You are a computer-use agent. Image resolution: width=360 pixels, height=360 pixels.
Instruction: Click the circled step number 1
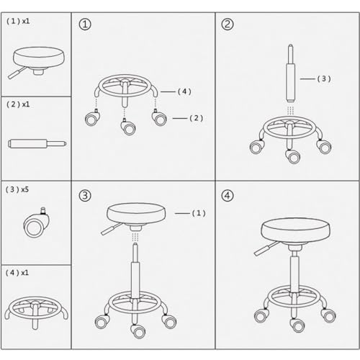85,24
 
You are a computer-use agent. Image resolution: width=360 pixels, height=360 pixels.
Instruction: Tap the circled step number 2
228,24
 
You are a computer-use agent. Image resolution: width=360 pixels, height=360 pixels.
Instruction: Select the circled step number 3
85,196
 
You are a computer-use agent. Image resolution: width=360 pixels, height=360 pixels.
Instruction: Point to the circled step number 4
228,196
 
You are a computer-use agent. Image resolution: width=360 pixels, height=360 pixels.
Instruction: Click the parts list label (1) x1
18,21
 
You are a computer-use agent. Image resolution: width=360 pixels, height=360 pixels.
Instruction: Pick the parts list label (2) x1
18,104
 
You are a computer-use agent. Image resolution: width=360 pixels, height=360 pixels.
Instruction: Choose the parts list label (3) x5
17,189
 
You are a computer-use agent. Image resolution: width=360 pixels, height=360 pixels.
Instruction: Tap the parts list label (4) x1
17,273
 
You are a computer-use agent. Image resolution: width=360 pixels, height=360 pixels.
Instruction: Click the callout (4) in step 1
184,91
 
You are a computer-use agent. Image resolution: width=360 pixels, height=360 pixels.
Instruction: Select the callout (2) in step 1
197,118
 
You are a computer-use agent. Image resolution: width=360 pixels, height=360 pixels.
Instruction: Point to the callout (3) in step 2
324,78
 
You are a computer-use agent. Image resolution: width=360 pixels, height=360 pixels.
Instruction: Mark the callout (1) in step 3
199,213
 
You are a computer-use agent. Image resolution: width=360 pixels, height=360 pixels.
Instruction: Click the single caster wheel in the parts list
37,222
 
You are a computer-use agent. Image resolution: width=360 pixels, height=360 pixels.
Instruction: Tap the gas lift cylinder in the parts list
37,143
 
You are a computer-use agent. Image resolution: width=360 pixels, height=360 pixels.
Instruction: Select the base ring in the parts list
37,312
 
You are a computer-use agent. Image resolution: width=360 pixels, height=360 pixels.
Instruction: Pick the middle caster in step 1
127,126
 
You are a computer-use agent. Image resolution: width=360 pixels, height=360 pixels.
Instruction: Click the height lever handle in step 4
264,250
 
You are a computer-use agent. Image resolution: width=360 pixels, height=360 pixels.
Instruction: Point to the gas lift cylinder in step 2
290,73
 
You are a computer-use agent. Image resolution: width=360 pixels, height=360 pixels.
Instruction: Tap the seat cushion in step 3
136,214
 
